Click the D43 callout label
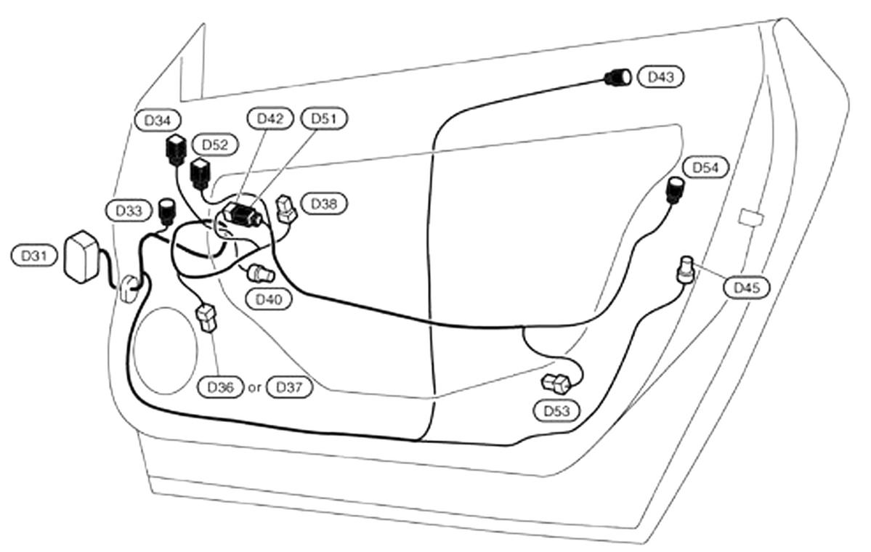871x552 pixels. pyautogui.click(x=660, y=77)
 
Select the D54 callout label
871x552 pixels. pyautogui.click(x=705, y=168)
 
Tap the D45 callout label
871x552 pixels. pyautogui.click(x=746, y=288)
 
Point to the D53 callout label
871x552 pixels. pyautogui.click(x=556, y=411)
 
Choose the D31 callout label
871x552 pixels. pyautogui.click(x=34, y=256)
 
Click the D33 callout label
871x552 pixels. pyautogui.click(x=129, y=211)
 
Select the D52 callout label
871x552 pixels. pyautogui.click(x=214, y=145)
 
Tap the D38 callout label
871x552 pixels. pyautogui.click(x=323, y=203)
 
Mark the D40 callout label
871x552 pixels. pyautogui.click(x=269, y=299)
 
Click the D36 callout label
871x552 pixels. pyautogui.click(x=220, y=388)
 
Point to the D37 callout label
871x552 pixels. pyautogui.click(x=290, y=388)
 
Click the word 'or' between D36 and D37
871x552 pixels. pyautogui.click(x=254, y=388)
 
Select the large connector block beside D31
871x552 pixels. pyautogui.click(x=82, y=256)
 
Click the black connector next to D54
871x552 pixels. pyautogui.click(x=676, y=189)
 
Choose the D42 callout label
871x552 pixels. pyautogui.click(x=270, y=118)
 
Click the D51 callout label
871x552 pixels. pyautogui.click(x=328, y=118)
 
